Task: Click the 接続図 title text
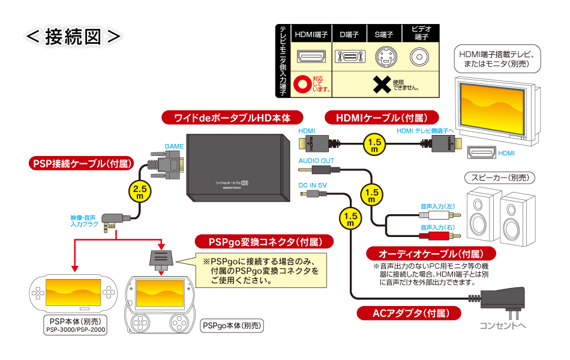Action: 73,35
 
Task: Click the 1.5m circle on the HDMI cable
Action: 374,145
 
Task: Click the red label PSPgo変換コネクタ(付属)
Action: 259,242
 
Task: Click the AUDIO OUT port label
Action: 316,161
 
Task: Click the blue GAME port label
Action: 175,146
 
